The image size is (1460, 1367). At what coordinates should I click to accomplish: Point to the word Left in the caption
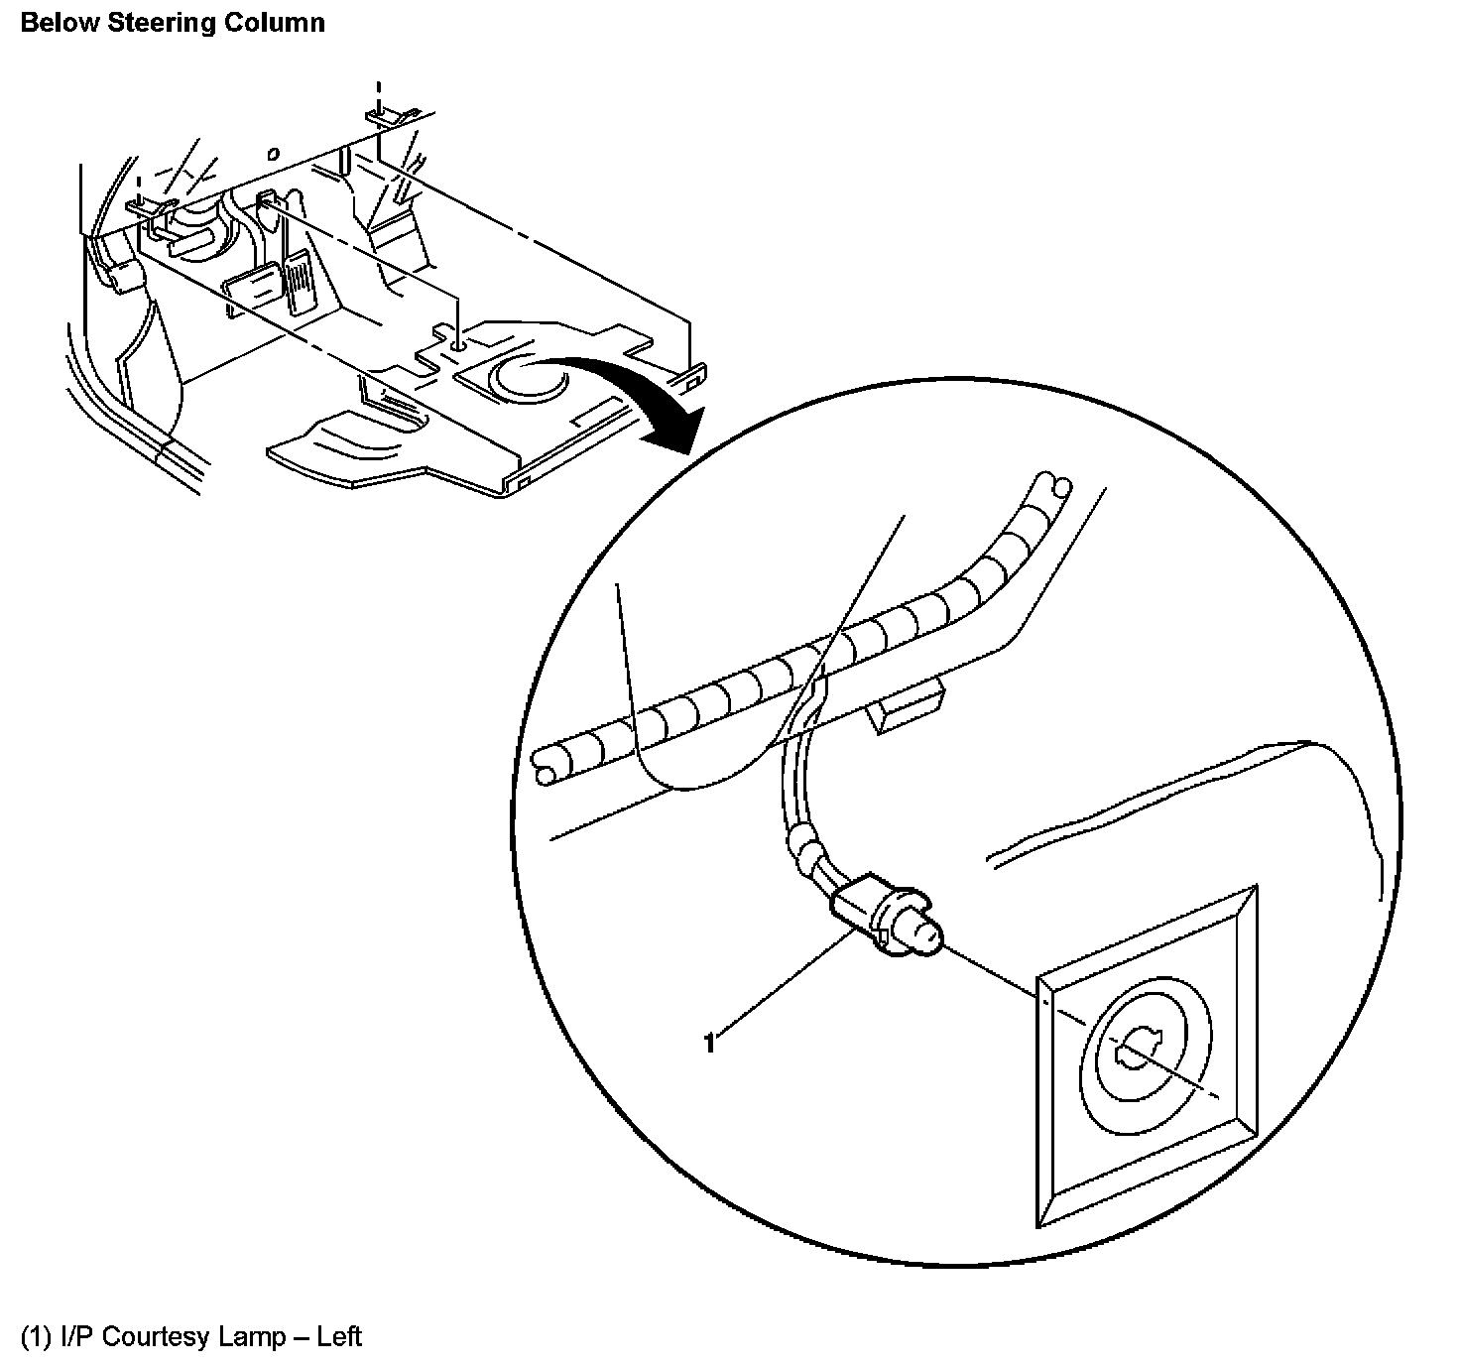339,1337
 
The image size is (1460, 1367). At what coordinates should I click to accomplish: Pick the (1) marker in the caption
35,1337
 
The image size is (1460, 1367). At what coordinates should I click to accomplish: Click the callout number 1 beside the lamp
709,1044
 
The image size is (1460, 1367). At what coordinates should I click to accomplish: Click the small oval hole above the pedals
273,153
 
